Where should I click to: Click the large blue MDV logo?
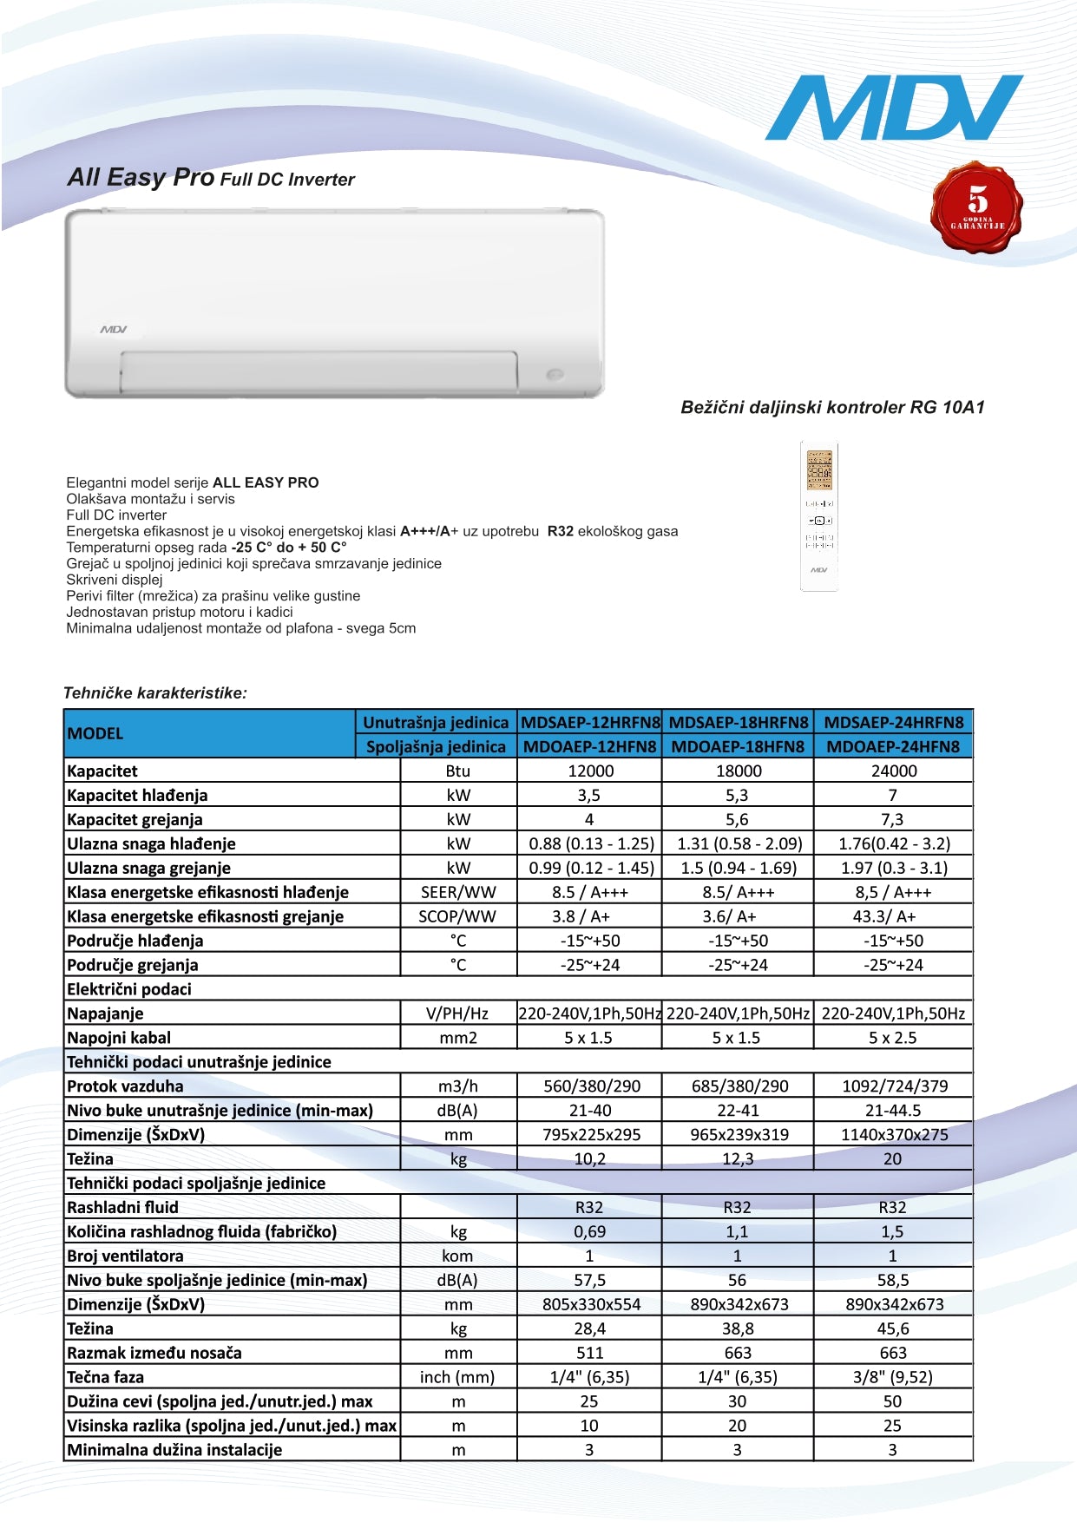coord(893,108)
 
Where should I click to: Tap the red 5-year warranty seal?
coord(976,207)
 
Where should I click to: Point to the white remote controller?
coord(818,516)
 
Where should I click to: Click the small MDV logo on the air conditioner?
coord(114,330)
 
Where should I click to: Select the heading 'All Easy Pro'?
coord(141,178)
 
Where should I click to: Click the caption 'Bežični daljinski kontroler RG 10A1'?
coord(832,407)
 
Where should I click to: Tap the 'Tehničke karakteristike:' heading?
coord(155,693)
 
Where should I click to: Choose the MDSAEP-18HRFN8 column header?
coord(738,722)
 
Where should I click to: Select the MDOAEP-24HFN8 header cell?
coord(892,746)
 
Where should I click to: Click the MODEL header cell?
coord(95,733)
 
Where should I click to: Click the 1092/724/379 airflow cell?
coord(894,1086)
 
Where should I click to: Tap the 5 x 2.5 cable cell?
coord(892,1038)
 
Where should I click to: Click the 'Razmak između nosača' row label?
coord(154,1353)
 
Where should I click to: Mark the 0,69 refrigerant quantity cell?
coord(589,1231)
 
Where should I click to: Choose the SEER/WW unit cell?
coord(457,892)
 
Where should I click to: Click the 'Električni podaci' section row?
coord(129,989)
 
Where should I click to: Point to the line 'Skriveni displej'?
coord(115,580)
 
